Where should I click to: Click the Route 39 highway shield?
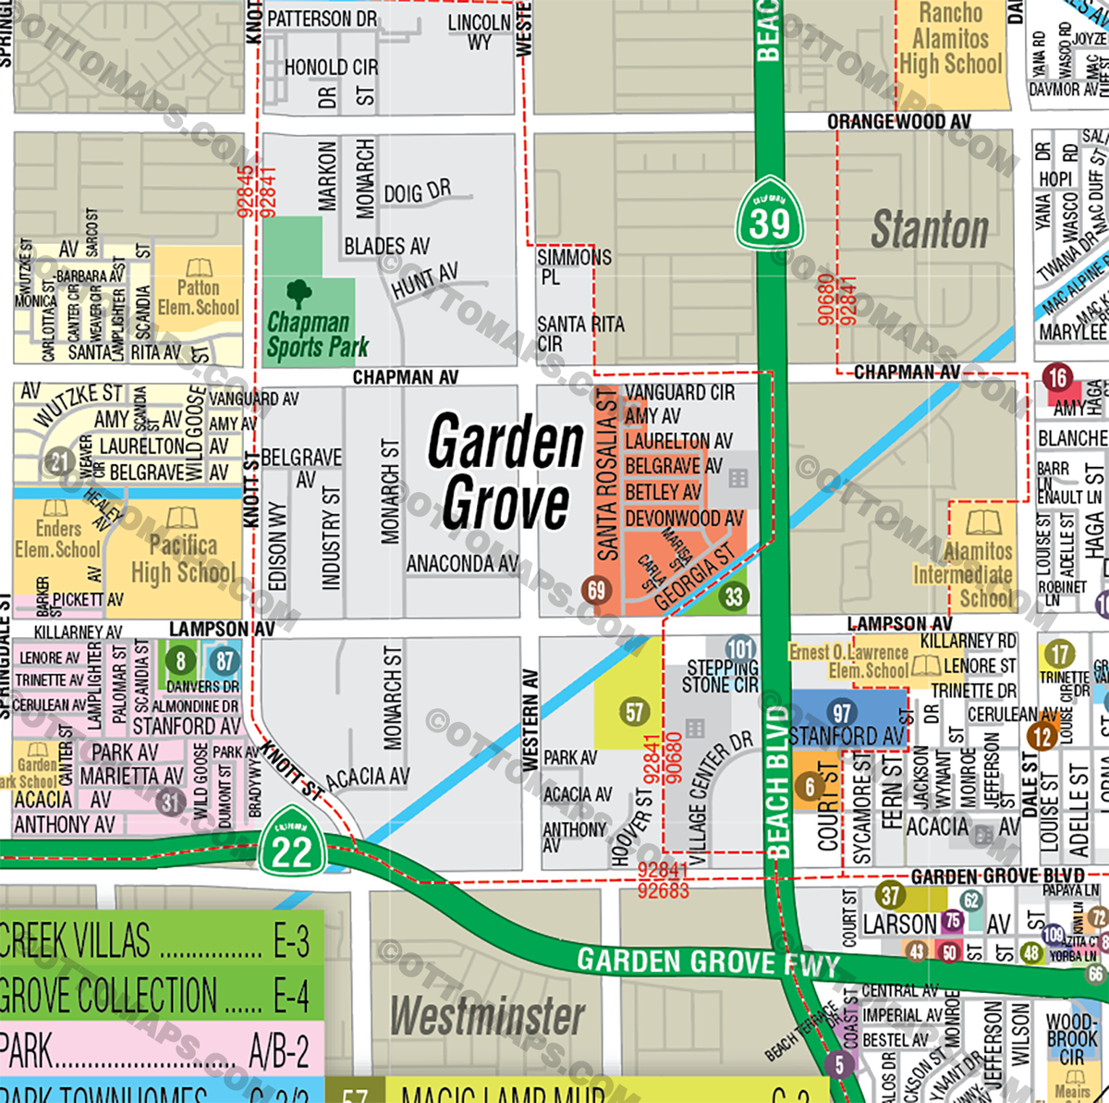770,215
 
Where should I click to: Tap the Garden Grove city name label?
506,472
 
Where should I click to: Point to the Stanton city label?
930,229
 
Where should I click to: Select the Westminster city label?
487,1016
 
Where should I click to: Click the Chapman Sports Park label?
317,335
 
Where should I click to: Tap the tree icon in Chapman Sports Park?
299,293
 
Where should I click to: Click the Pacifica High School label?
183,558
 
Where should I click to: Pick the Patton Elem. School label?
198,297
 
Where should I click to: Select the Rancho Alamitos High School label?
951,39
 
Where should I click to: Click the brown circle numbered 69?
596,590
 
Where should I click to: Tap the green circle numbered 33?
734,596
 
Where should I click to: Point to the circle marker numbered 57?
635,712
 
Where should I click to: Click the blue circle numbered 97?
842,713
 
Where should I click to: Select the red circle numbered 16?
1057,377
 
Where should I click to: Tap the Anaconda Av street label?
463,563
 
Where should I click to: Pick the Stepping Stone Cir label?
721,676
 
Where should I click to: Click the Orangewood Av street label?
898,122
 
